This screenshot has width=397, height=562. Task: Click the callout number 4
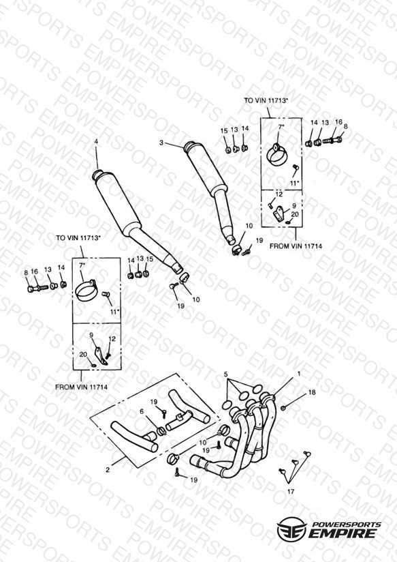(x=96, y=142)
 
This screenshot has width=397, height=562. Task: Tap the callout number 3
(x=161, y=143)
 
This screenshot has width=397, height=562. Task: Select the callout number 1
(x=299, y=374)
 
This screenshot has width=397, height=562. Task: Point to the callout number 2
(x=108, y=469)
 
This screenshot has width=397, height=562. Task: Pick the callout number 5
(x=225, y=374)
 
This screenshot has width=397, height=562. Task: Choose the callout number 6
(x=142, y=411)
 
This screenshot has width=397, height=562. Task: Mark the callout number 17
(x=291, y=492)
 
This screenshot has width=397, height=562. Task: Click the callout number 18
(x=312, y=392)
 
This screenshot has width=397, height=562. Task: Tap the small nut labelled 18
(x=283, y=408)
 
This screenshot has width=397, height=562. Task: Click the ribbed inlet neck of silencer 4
(x=97, y=174)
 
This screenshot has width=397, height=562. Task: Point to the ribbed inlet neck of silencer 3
(x=189, y=147)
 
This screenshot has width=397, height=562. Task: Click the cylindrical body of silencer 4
(x=117, y=205)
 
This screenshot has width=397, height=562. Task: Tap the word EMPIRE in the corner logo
(x=343, y=533)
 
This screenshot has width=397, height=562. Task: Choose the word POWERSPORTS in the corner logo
(x=347, y=524)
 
